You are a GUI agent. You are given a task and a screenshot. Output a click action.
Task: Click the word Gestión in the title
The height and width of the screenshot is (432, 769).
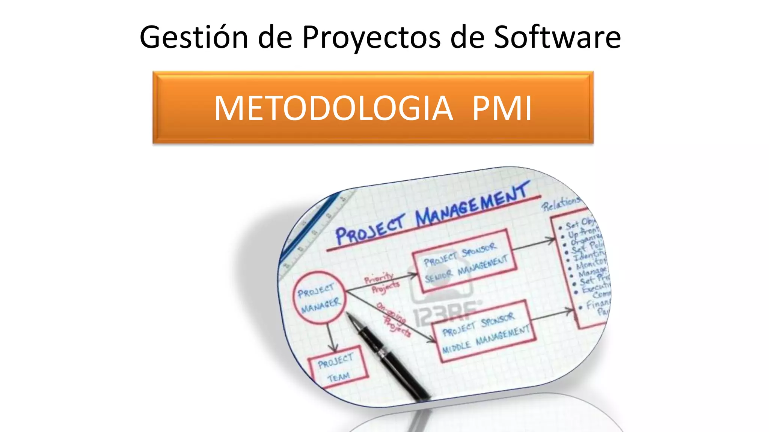tap(194, 37)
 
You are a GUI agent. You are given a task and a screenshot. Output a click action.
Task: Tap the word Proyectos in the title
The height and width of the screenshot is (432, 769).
tap(371, 37)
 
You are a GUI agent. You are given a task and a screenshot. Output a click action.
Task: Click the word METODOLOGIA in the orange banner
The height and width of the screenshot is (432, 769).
tap(333, 108)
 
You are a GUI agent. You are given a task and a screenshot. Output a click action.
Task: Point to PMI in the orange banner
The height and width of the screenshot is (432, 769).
tap(502, 108)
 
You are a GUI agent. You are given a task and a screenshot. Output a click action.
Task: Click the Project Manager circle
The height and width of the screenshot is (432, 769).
tap(319, 298)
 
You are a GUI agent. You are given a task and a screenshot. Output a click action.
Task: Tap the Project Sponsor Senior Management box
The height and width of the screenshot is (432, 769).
tap(464, 261)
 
